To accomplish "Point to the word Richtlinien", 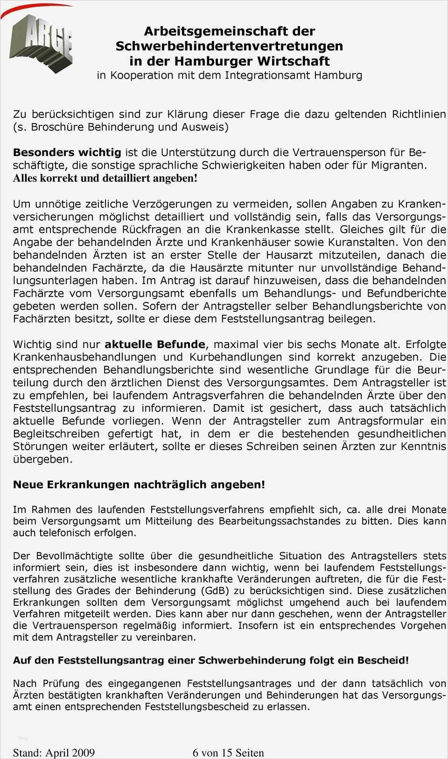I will click(419, 114).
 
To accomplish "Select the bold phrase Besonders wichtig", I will click(67, 152).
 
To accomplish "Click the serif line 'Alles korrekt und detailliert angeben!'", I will click(105, 178).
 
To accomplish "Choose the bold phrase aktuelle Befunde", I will click(154, 344).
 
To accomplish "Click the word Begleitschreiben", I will click(56, 434).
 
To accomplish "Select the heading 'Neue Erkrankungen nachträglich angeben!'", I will click(139, 485).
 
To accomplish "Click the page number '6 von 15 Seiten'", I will click(228, 752).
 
